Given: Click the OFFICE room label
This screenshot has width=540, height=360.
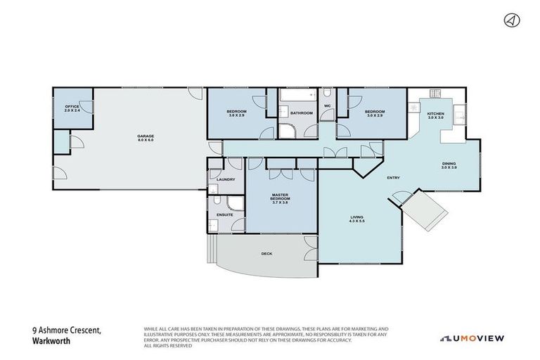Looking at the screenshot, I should click(72, 108).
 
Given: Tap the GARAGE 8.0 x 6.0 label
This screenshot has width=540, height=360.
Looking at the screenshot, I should click(145, 138).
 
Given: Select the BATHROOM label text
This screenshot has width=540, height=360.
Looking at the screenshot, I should click(302, 112).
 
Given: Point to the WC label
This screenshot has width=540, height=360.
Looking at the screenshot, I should click(327, 106).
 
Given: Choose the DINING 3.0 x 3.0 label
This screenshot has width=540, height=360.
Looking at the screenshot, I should click(449, 165).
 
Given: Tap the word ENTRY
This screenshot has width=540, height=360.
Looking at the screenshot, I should click(394, 177).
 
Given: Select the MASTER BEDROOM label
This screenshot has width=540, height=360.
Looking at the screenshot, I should click(281, 198).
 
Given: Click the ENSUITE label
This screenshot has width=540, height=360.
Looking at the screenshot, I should click(224, 214).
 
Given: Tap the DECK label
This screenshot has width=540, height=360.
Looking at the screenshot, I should click(266, 253).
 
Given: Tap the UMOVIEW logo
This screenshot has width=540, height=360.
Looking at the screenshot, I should click(472, 338).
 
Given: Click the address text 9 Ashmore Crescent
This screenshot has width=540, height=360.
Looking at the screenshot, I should click(67, 330).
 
